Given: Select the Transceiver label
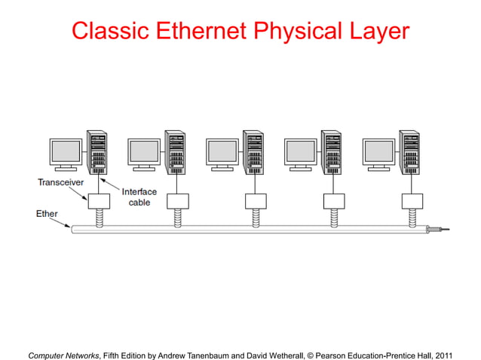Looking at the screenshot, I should [61, 182].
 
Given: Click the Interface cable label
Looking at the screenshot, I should [139, 197].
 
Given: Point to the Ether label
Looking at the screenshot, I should [47, 214].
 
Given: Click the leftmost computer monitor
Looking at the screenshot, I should [65, 154].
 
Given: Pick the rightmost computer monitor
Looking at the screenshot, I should [378, 154].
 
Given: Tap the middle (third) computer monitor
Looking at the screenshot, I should [222, 154].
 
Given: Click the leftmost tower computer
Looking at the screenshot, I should [97, 152].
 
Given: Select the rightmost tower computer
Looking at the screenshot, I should [411, 152].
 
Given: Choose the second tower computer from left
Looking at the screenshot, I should [175, 152].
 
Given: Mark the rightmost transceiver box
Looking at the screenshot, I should [412, 201].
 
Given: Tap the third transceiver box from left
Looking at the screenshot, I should [256, 201].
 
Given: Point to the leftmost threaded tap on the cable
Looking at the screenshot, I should [98, 216].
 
